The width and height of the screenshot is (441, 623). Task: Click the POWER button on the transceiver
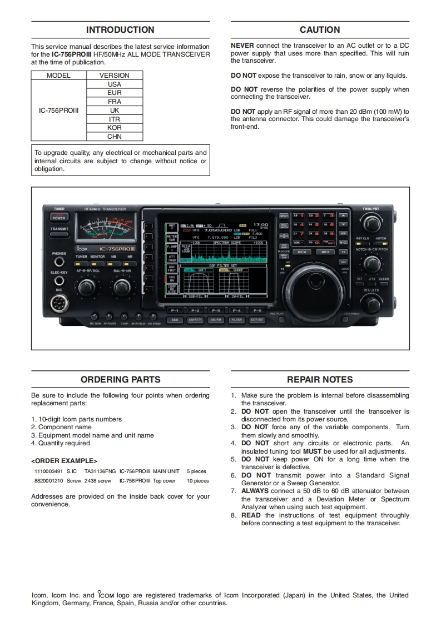click(59, 217)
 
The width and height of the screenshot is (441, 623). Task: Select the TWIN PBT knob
click(370, 223)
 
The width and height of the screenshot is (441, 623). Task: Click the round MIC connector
click(59, 303)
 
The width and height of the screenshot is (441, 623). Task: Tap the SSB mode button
click(175, 320)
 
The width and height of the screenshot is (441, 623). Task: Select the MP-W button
click(302, 252)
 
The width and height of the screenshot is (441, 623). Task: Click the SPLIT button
click(284, 215)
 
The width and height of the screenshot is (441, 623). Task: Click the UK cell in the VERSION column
click(115, 110)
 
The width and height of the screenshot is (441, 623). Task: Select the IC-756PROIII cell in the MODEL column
click(59, 110)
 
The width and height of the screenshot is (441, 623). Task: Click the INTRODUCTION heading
click(120, 30)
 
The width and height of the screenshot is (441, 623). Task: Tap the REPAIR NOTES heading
click(320, 380)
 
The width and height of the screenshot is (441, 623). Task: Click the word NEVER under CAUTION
click(242, 45)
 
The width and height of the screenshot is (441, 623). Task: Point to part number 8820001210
click(48, 481)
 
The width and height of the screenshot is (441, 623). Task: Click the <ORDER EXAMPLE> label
click(64, 461)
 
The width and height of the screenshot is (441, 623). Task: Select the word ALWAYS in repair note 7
click(255, 491)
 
